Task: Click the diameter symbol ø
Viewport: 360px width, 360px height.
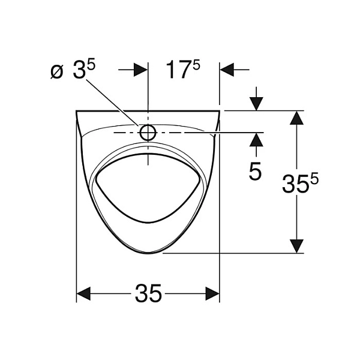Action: tap(57, 71)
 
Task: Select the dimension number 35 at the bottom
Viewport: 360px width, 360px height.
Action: tap(148, 293)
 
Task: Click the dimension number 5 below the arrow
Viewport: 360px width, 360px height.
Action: tap(255, 171)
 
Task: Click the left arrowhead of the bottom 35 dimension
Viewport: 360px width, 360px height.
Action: tap(83, 293)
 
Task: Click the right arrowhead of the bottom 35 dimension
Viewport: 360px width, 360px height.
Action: tap(212, 293)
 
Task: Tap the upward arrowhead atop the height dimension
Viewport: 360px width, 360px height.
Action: tap(296, 118)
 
